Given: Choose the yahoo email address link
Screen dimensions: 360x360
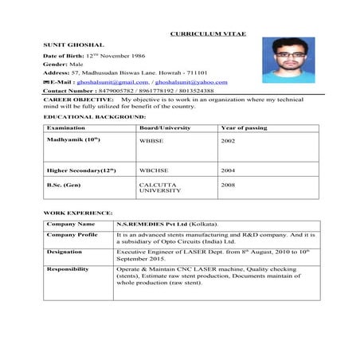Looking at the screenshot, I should (191, 81).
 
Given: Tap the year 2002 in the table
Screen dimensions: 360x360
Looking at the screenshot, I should (228, 139).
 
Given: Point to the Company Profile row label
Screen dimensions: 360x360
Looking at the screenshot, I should (72, 235).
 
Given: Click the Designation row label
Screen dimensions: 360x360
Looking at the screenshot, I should (64, 252).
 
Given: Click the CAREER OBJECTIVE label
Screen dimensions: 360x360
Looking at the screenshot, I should (79, 99).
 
